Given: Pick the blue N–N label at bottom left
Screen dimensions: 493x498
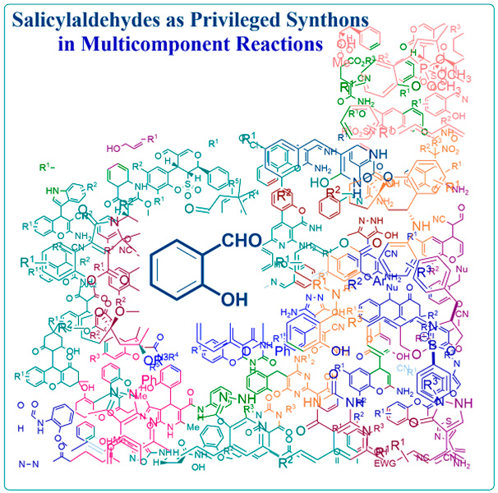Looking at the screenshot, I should point(27,465).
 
